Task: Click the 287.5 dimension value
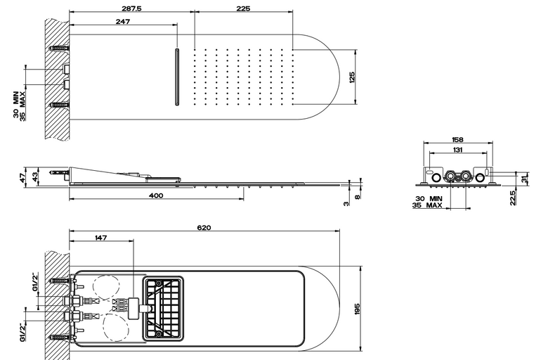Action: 131,8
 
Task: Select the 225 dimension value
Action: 243,8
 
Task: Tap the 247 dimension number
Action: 123,22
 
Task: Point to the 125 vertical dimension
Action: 352,77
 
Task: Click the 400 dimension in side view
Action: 156,195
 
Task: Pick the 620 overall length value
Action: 204,228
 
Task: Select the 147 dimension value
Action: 100,238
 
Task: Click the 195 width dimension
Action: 357,309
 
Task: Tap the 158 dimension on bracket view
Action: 457,140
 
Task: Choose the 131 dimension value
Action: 457,150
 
